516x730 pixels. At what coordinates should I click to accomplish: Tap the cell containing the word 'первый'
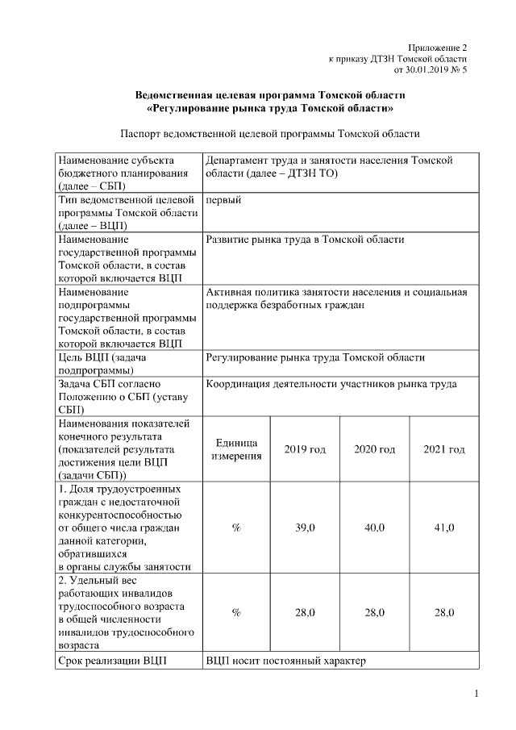(223, 200)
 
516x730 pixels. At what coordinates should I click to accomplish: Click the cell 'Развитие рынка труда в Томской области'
(304, 240)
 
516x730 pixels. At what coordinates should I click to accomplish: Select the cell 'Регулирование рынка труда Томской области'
(315, 357)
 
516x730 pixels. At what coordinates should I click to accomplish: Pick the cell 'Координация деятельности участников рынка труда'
(331, 384)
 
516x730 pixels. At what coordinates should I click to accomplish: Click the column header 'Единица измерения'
(236, 450)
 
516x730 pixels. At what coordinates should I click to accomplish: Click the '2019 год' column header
(305, 449)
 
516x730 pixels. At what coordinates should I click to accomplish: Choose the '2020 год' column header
(375, 449)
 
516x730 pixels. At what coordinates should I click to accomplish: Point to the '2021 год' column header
(444, 449)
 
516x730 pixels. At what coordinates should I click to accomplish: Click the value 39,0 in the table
(305, 528)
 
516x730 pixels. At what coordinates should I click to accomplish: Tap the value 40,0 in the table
(375, 528)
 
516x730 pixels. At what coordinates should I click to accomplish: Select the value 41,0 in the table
(444, 528)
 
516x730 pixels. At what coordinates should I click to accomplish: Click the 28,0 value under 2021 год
(444, 613)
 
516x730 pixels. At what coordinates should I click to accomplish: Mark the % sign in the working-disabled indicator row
(236, 613)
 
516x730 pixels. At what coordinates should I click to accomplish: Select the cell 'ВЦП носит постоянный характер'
(285, 661)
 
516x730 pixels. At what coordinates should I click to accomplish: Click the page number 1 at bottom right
(476, 694)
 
